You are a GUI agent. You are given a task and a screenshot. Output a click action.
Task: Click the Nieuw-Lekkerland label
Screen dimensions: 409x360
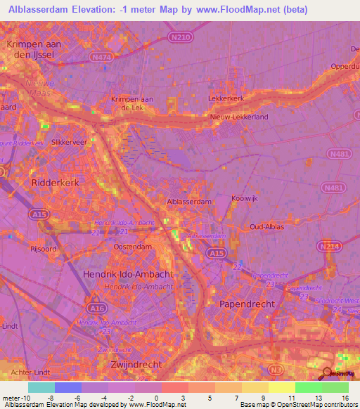coord(239,117)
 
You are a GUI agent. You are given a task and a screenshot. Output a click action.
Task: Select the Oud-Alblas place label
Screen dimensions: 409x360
coord(266,226)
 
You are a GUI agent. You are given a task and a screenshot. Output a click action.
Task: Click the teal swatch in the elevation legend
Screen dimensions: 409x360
coord(41,387)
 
